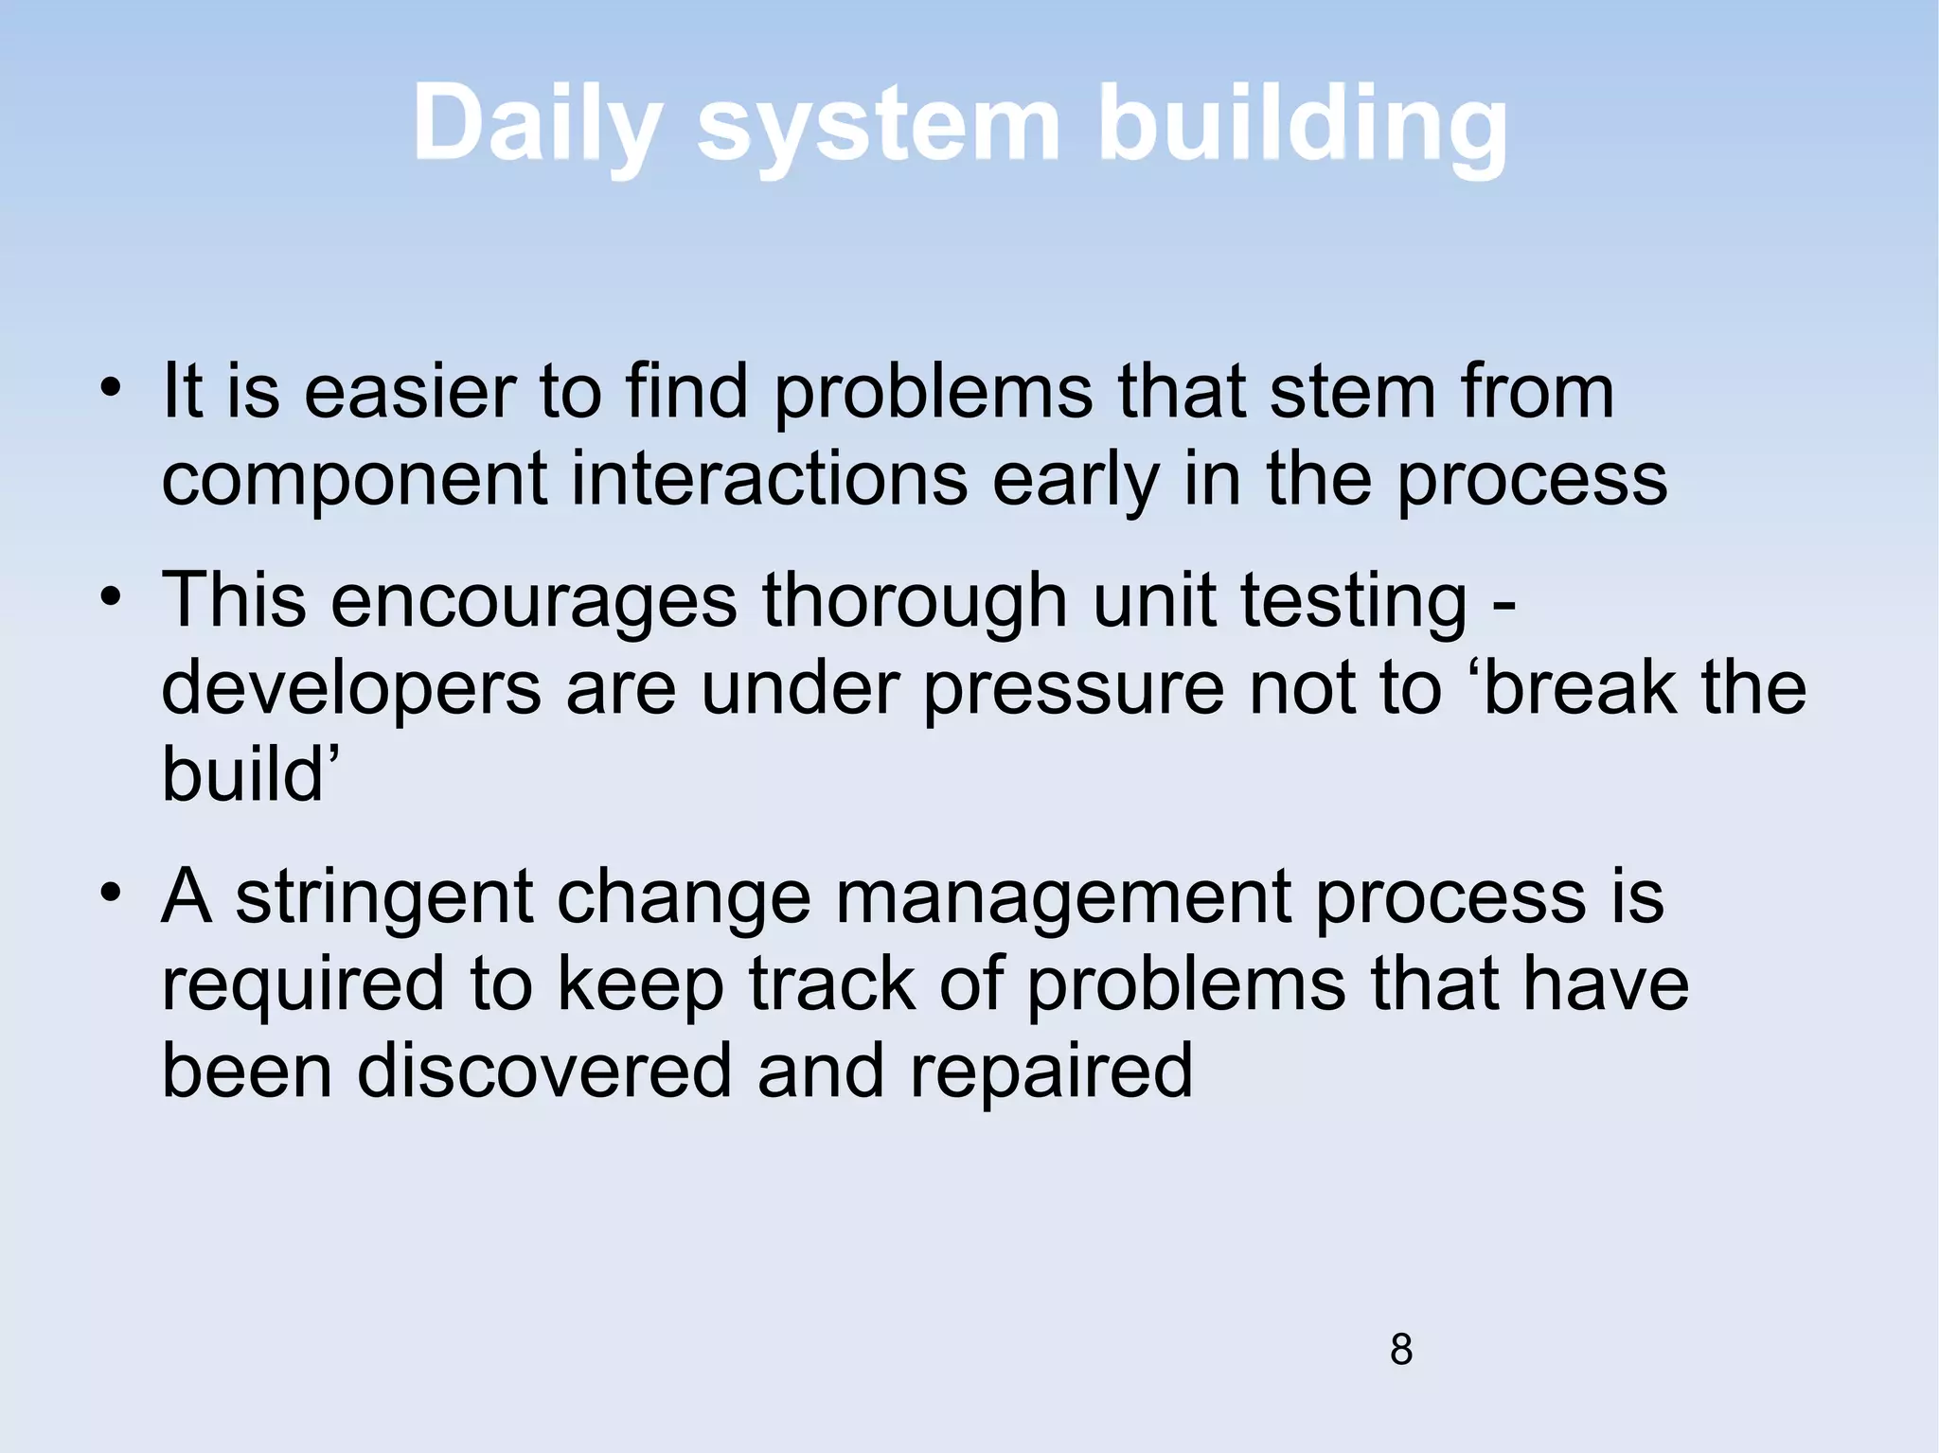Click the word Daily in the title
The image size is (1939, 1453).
click(x=536, y=126)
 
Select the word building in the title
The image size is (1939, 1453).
click(x=1301, y=126)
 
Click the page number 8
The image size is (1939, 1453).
click(x=1401, y=1349)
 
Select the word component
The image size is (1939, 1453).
click(x=354, y=480)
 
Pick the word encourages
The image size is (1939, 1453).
click(x=533, y=602)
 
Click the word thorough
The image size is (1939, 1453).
click(x=915, y=602)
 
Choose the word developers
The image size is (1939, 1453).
click(x=351, y=690)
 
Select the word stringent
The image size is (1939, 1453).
click(x=384, y=898)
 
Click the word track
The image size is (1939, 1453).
click(x=832, y=984)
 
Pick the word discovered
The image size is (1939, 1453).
click(x=544, y=1071)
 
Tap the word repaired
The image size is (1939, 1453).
click(x=1051, y=1072)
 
